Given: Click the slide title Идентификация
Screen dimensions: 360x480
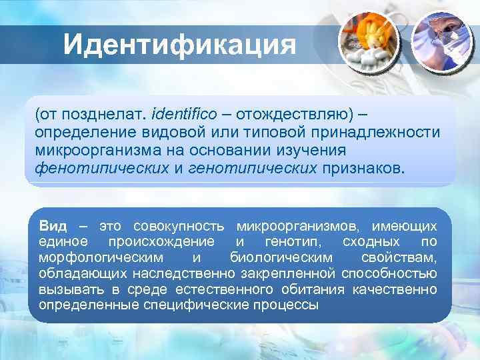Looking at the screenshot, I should [180, 45].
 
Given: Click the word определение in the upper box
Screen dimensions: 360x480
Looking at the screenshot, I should [83, 131].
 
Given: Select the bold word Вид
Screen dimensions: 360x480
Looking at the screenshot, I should [53, 226].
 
